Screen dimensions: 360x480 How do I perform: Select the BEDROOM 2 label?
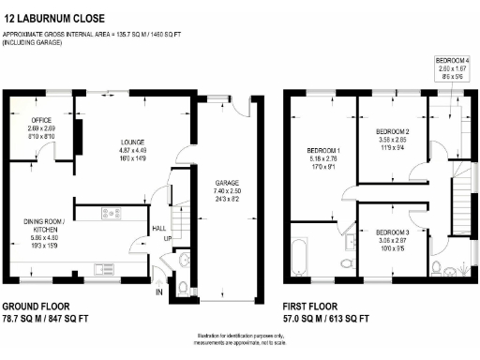tap(391, 131)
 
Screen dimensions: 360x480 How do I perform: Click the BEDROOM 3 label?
tap(392, 232)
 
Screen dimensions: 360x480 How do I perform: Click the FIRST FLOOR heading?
tap(314, 307)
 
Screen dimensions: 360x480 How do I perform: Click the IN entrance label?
tap(158, 292)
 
